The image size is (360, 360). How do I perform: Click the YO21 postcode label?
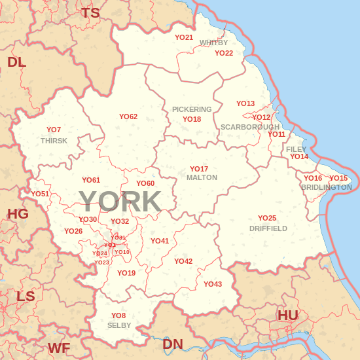tap(184, 37)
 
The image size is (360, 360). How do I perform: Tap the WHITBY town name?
tap(213, 43)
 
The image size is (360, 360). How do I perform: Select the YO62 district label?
tap(128, 117)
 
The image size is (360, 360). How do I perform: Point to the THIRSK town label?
tap(54, 141)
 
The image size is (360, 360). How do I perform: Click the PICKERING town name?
tap(192, 109)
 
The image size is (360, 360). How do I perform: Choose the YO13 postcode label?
tap(245, 103)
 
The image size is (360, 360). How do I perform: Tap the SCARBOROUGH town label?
tap(250, 126)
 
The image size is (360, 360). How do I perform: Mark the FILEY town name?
tap(297, 149)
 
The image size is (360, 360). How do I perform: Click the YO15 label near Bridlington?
tap(338, 178)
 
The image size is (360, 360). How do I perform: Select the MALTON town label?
tap(202, 177)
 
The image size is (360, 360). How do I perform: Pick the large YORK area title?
tap(120, 202)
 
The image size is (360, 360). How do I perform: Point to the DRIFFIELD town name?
tap(268, 228)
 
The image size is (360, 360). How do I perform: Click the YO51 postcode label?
tap(40, 194)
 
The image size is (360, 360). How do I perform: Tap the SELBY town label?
tap(119, 325)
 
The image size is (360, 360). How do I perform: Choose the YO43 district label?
tap(213, 284)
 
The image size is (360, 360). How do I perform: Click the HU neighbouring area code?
tap(288, 315)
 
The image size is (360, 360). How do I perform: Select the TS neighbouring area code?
tap(90, 12)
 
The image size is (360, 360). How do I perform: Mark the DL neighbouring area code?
tap(16, 62)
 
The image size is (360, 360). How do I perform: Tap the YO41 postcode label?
tap(160, 241)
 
